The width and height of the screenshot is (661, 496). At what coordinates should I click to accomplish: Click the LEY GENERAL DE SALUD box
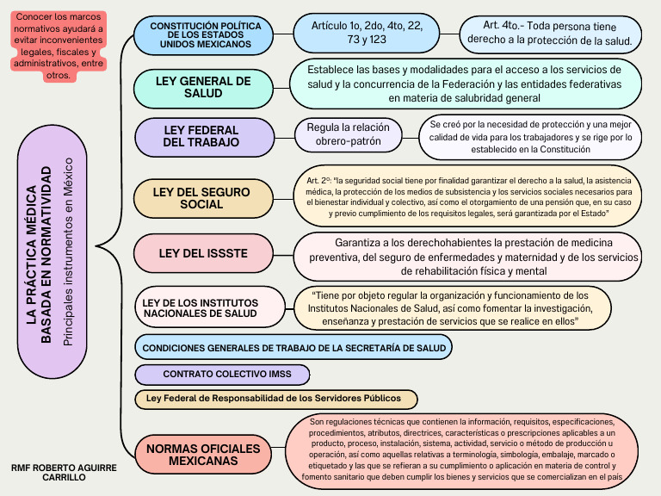203,86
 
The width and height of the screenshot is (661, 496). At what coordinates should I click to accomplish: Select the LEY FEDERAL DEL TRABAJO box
200,136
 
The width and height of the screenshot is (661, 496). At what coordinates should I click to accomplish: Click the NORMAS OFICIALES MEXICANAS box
202,455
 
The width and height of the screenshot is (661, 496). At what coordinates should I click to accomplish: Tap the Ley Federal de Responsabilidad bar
275,399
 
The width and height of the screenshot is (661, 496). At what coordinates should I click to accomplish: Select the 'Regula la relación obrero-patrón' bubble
348,133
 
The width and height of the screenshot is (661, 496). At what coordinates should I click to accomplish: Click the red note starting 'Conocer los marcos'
58,46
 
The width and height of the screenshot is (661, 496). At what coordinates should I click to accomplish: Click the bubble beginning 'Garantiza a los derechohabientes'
469,257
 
